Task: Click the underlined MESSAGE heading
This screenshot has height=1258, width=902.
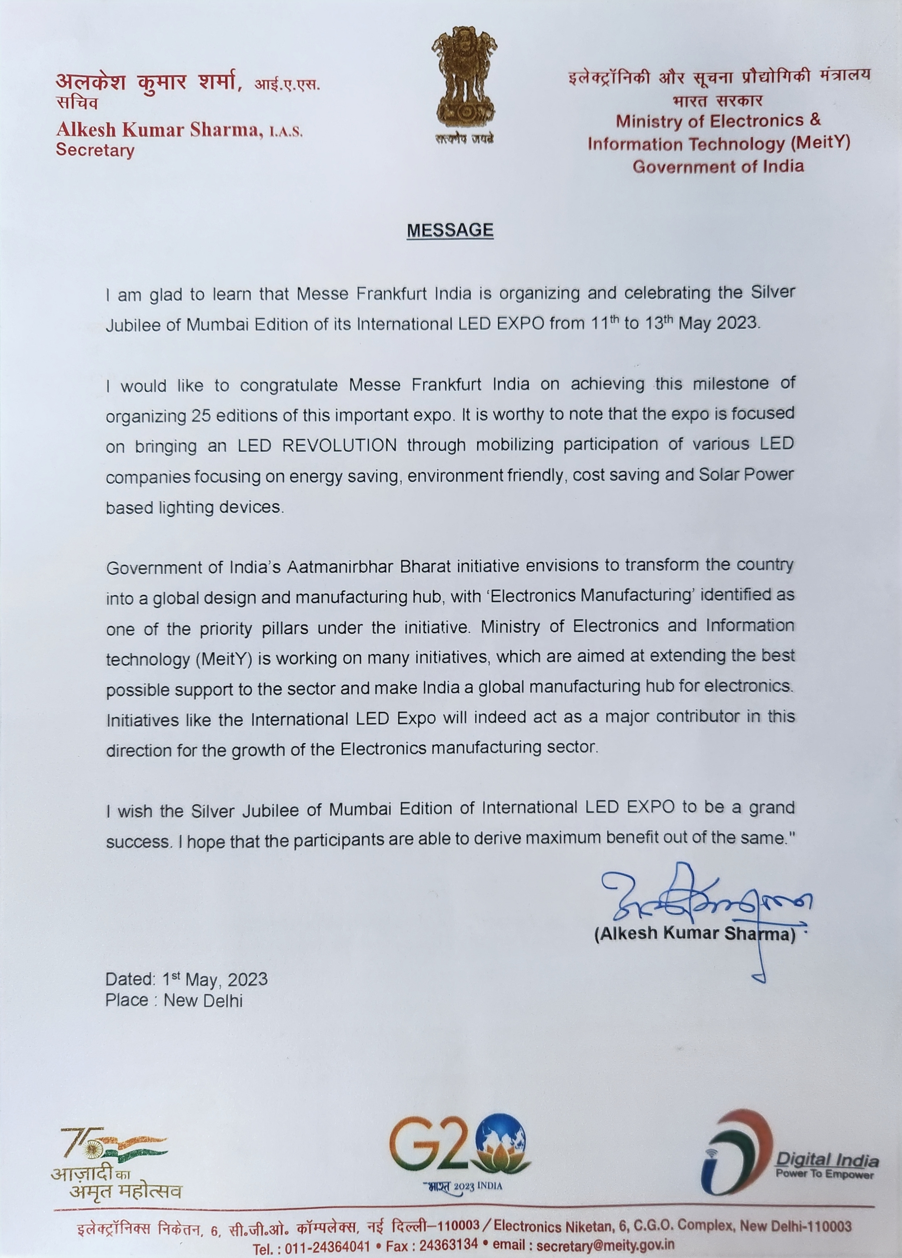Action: (x=450, y=230)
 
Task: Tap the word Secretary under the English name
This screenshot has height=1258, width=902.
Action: (x=95, y=150)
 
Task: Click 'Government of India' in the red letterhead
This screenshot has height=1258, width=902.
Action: (x=718, y=167)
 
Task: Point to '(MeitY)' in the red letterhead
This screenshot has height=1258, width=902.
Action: (x=818, y=144)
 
